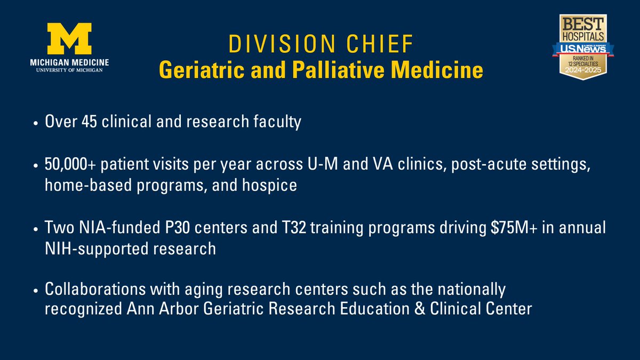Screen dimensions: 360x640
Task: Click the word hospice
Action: [273, 188]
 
